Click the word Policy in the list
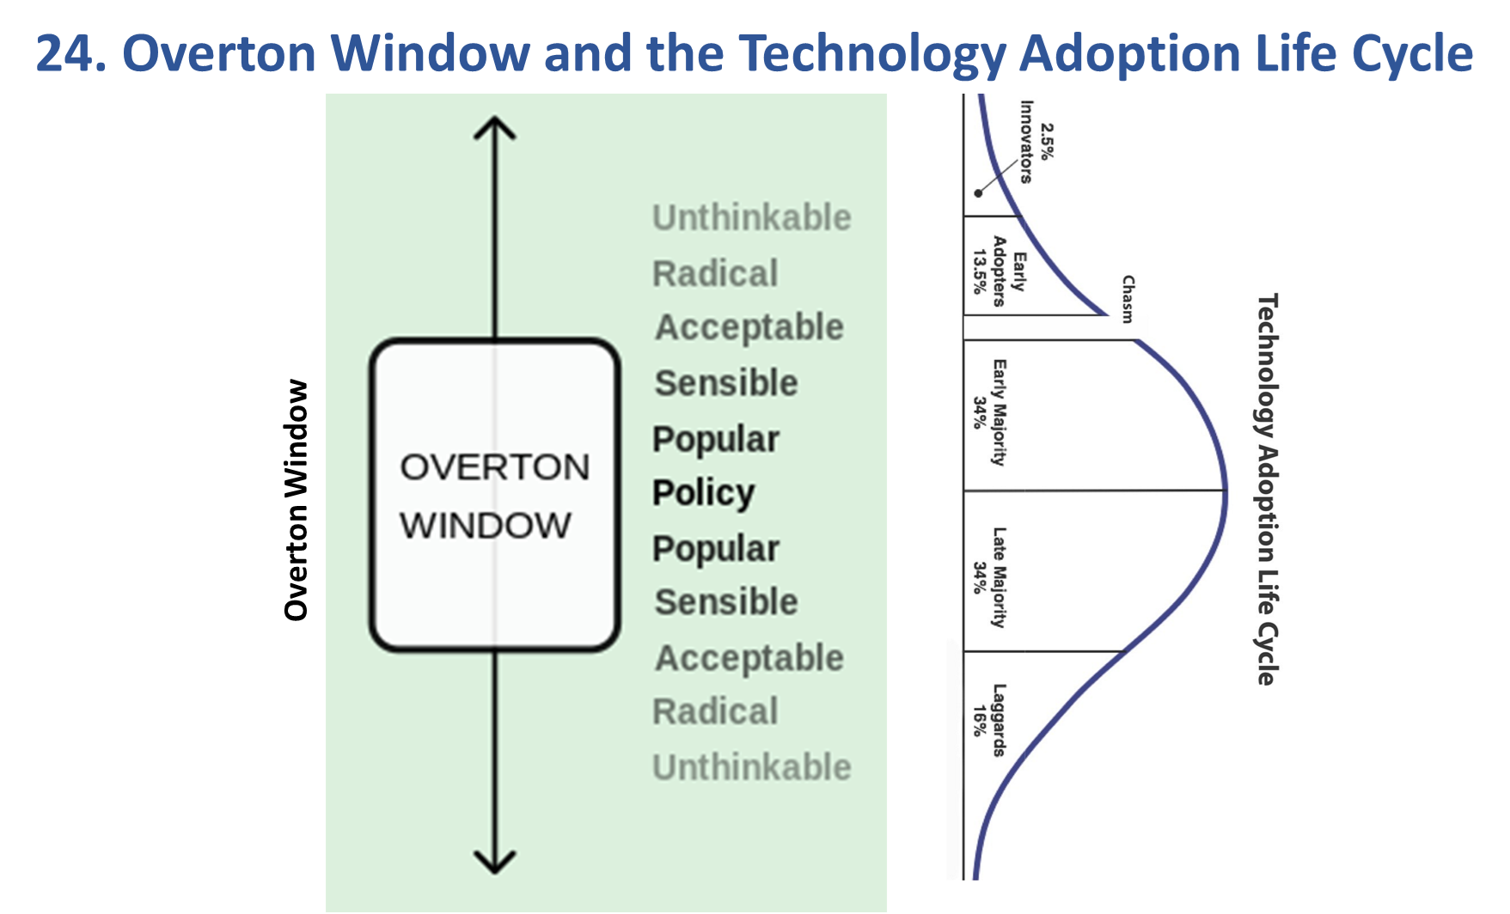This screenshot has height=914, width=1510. coord(703,493)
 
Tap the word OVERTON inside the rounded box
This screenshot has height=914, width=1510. coord(494,468)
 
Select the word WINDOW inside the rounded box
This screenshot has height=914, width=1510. coord(486,526)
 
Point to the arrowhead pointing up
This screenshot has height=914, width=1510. coord(495,129)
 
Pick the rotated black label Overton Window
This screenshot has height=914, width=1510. coord(296,500)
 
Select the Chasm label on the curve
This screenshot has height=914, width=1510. coord(1128,298)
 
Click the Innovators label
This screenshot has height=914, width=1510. coord(1026,142)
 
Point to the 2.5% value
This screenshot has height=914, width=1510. coord(1047,142)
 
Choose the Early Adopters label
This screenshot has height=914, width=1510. coord(1009,271)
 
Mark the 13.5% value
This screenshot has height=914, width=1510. coord(980,271)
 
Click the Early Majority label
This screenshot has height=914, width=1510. coord(1000,412)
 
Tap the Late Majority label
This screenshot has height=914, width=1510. coord(999,577)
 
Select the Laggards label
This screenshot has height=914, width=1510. coord(999,720)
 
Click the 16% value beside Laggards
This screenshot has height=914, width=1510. coord(979,721)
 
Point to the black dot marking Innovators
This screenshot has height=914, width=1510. coord(978,193)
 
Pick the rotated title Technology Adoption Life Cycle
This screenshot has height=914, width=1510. coord(1267,489)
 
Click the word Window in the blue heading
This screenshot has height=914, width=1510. coord(431,53)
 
